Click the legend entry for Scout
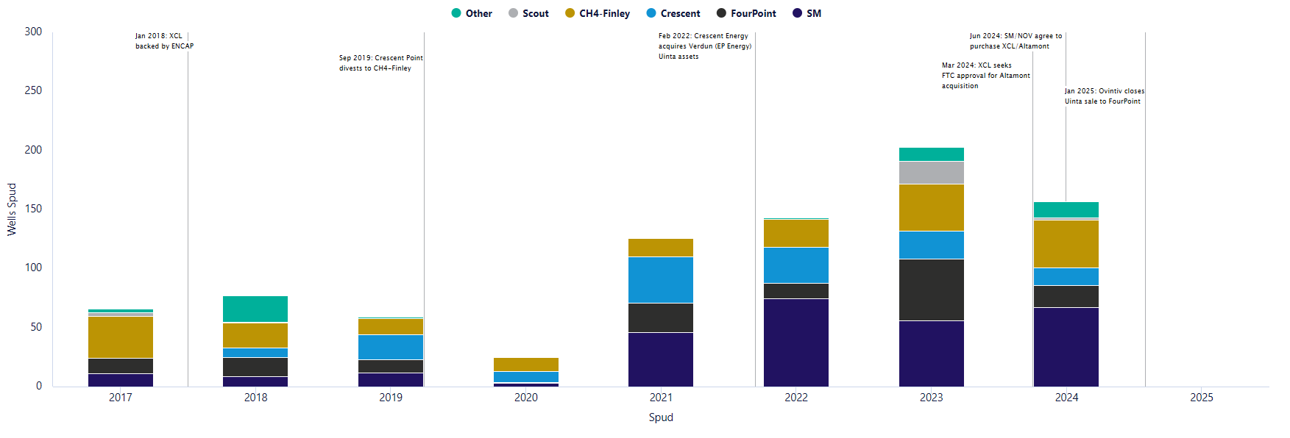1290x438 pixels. pos(528,13)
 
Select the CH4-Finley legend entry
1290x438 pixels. pos(598,13)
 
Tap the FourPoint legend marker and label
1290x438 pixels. pos(746,13)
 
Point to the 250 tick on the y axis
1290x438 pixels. pos(33,90)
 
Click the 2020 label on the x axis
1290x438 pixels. pos(525,398)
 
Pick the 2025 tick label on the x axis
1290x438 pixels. pos(1201,398)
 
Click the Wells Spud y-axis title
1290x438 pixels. pos(12,209)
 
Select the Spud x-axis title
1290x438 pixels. pos(660,417)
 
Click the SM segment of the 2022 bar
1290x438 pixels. pos(795,342)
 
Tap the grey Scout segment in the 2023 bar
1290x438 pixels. pos(931,173)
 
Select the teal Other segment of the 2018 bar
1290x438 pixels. pos(255,309)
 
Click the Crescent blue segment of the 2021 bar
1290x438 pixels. pos(660,280)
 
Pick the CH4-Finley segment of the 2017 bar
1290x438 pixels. pos(121,337)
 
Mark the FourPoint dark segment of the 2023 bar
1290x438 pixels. pos(931,290)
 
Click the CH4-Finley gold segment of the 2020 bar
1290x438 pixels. pos(525,365)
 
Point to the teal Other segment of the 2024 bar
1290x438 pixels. pos(1066,209)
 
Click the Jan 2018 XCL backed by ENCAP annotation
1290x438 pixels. pos(164,41)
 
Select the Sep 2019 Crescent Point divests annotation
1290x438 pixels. pos(380,63)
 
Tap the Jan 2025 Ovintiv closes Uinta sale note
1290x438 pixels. pos(1103,96)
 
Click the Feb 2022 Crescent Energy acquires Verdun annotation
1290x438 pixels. pos(704,46)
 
